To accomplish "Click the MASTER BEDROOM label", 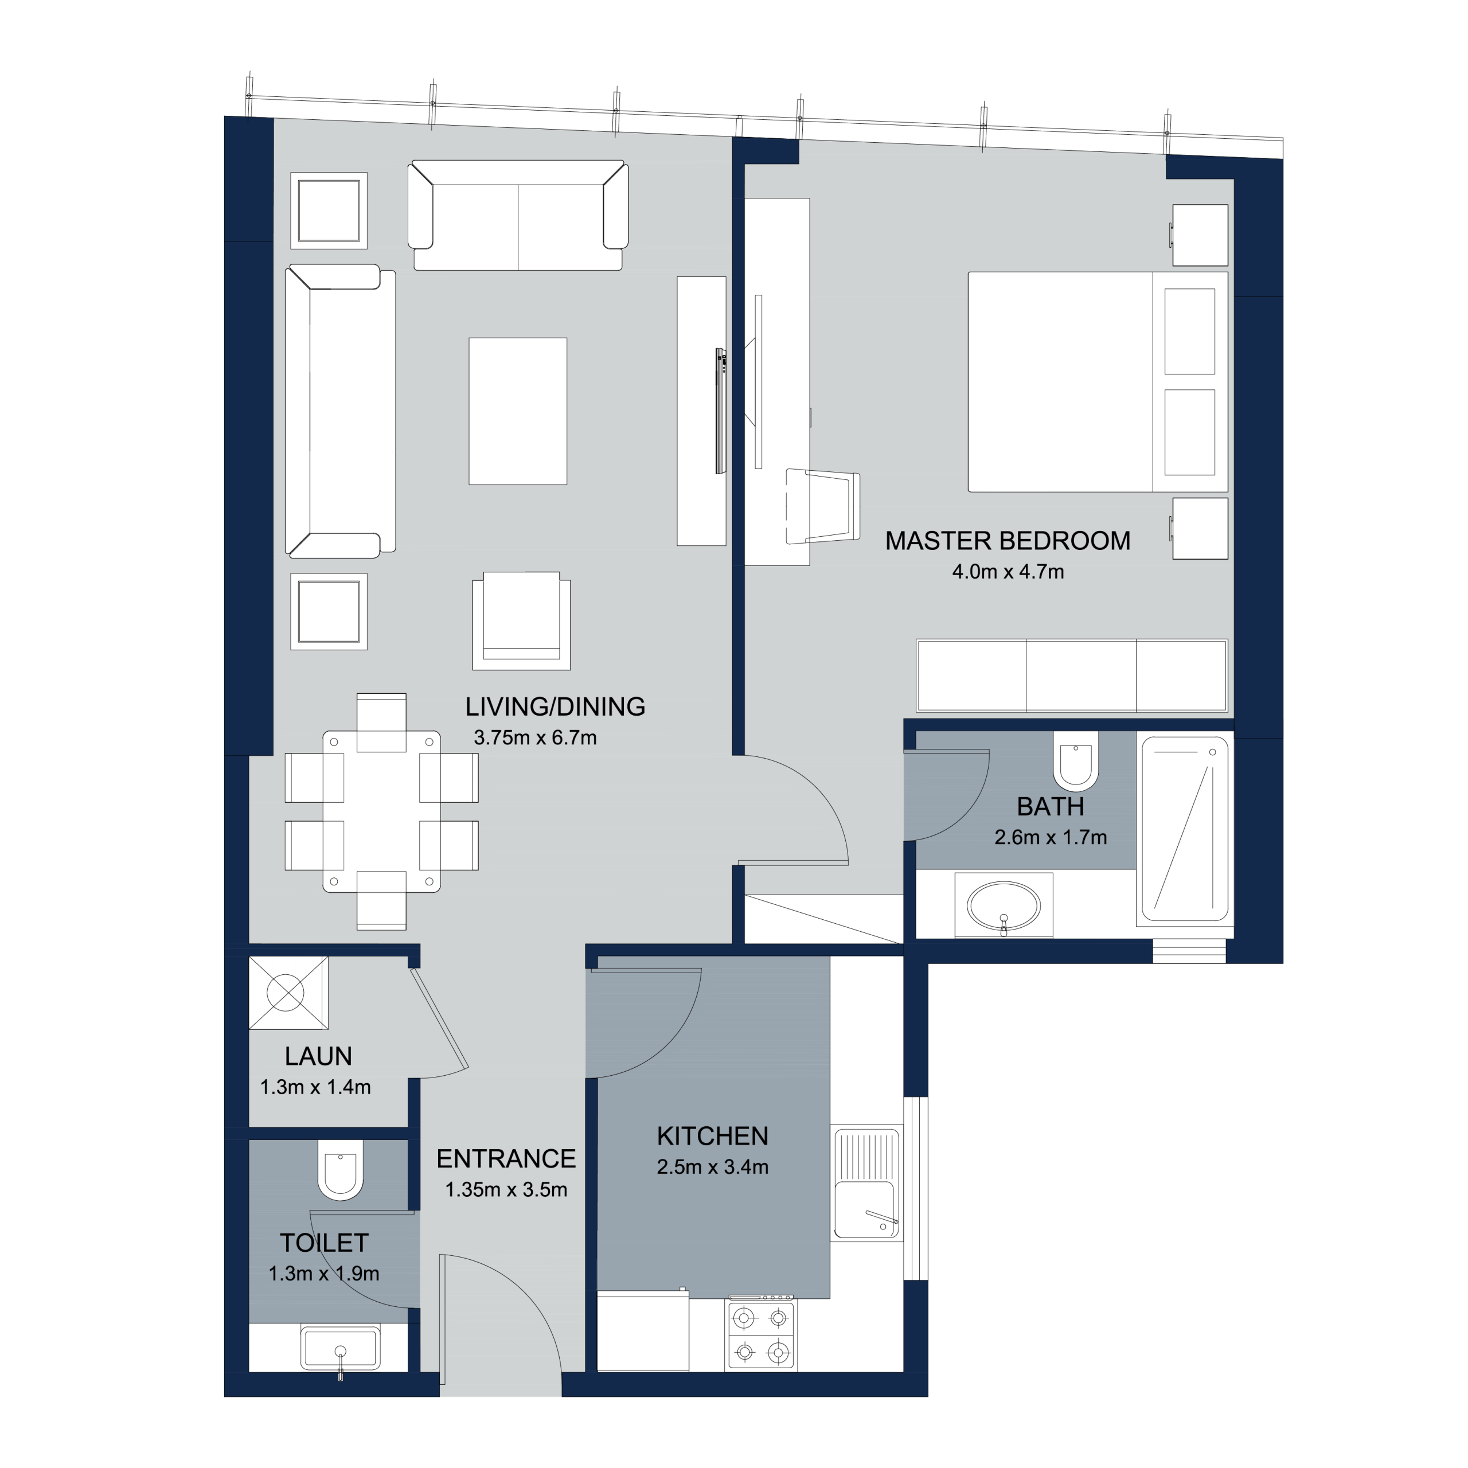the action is pyautogui.click(x=1008, y=541).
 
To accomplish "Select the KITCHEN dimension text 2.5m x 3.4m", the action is pyautogui.click(x=713, y=1166).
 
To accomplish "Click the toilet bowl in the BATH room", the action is pyautogui.click(x=1076, y=760).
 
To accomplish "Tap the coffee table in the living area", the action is pyautogui.click(x=517, y=411).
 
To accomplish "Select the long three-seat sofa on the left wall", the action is pyautogui.click(x=341, y=411).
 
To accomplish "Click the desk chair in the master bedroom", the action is pyautogui.click(x=823, y=507).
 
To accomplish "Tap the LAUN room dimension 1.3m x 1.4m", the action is pyautogui.click(x=315, y=1087).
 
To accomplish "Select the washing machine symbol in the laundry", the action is pyautogui.click(x=289, y=993).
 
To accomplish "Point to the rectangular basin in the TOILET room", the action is pyautogui.click(x=341, y=1348).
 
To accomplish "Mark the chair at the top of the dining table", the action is pyautogui.click(x=381, y=722).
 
